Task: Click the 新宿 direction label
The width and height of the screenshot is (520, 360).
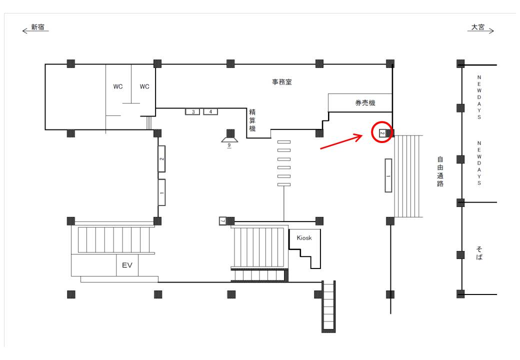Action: [x=38, y=27]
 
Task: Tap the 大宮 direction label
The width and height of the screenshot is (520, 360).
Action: [x=478, y=27]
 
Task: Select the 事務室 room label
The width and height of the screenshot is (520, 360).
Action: [x=282, y=82]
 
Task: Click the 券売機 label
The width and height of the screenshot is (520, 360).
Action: [x=365, y=103]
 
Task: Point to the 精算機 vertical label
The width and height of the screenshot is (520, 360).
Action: [x=252, y=120]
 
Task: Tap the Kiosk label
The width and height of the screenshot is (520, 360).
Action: [x=304, y=237]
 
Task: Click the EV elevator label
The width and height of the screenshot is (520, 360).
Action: [x=127, y=265]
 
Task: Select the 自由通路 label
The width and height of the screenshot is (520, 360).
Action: [x=440, y=171]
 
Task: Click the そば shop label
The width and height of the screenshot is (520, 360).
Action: [x=479, y=253]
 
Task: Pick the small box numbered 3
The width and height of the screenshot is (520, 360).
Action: [x=192, y=111]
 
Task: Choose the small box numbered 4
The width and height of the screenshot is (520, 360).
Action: [x=210, y=111]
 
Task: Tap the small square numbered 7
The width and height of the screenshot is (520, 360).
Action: [x=223, y=221]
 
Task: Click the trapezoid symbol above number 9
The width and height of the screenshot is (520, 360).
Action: [x=229, y=138]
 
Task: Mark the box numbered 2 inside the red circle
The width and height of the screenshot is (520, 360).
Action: [x=382, y=133]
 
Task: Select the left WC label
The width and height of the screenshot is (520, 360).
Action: [x=117, y=86]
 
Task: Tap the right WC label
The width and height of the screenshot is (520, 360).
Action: [x=144, y=86]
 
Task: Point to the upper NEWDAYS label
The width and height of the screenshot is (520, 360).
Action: [x=479, y=97]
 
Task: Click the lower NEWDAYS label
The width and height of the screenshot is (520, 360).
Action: [x=479, y=163]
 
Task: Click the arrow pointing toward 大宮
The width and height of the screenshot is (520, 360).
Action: [x=480, y=31]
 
